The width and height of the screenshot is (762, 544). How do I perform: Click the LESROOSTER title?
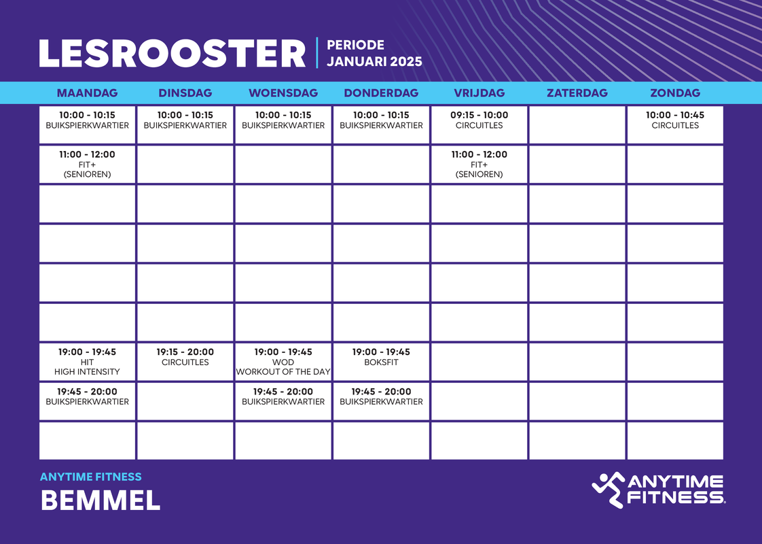173,54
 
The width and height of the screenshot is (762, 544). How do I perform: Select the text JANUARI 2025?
374,62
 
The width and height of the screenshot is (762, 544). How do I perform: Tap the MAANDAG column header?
87,93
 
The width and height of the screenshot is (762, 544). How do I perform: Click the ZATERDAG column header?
577,93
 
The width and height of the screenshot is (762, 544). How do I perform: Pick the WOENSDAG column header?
283,93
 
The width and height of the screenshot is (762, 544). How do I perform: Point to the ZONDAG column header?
674,93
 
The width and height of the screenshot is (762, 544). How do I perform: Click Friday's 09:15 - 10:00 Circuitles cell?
479,124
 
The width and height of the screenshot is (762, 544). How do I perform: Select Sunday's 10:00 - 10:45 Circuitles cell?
674,124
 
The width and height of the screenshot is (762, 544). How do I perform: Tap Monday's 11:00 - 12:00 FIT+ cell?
87,164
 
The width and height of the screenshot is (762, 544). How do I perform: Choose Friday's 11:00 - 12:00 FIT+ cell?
479,164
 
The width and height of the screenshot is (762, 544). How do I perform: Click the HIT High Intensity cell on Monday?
87,362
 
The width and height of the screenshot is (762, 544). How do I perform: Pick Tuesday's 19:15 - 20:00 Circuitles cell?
185,362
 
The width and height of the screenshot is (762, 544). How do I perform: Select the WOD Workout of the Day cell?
283,362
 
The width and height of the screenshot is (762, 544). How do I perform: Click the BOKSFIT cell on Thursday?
381,362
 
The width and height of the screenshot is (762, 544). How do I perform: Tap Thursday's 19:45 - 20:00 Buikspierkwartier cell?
381,401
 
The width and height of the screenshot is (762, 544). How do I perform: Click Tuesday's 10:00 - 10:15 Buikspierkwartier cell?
185,124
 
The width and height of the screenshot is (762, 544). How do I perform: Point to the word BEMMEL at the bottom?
101,500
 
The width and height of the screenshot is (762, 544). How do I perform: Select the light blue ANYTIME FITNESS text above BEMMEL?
91,477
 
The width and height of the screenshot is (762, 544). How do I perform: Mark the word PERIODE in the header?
355,46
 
